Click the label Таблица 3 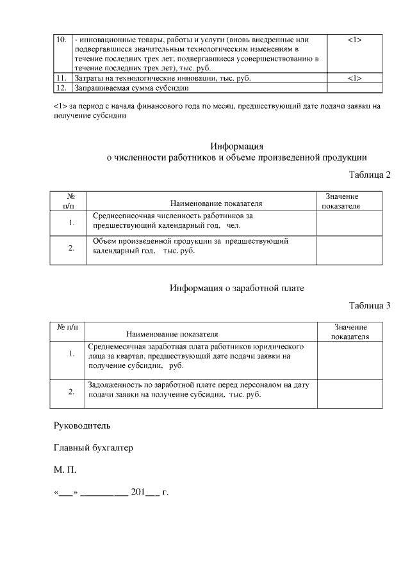tap(370, 306)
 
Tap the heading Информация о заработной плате tap(236, 288)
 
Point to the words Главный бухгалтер tap(94, 448)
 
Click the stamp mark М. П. tap(65, 470)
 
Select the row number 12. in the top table tap(62, 88)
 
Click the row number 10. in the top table tap(62, 40)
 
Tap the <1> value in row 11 tap(355, 78)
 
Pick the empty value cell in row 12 tap(355, 88)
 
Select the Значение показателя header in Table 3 tap(350, 331)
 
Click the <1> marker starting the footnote tap(60, 106)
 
